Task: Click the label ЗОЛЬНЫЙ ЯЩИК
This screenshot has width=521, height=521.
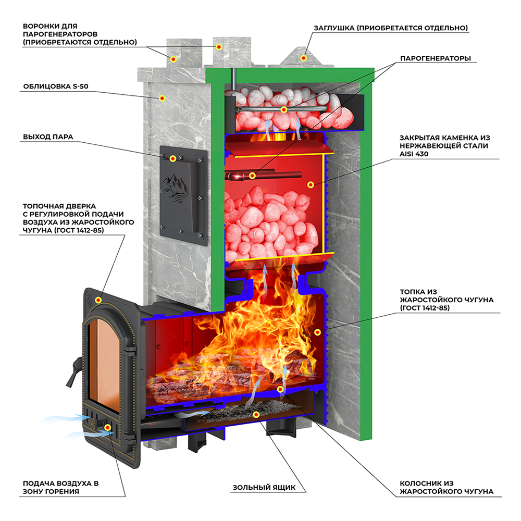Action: (x=264, y=488)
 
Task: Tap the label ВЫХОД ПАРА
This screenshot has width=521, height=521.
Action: (x=48, y=137)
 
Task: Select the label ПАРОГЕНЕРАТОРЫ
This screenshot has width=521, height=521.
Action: (x=435, y=58)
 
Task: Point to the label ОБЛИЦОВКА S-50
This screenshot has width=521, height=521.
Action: (x=56, y=86)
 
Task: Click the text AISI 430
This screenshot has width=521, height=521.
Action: (x=414, y=154)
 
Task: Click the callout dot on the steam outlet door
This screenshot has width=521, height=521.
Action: (x=172, y=159)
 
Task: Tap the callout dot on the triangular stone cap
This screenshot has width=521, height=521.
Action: (x=303, y=58)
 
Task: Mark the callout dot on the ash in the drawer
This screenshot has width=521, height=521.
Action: (x=256, y=414)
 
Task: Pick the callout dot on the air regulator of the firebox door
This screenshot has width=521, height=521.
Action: (x=107, y=427)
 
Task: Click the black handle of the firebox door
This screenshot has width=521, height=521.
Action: (x=74, y=372)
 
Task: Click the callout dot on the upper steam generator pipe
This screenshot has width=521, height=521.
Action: (x=283, y=109)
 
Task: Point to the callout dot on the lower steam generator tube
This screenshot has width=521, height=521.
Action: (x=253, y=176)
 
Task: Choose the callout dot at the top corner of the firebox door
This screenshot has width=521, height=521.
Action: (x=98, y=300)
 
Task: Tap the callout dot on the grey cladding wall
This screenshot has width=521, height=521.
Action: (x=162, y=98)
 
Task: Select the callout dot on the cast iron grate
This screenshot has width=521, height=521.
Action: (x=280, y=389)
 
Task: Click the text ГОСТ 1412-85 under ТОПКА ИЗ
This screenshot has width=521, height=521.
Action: (x=425, y=308)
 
